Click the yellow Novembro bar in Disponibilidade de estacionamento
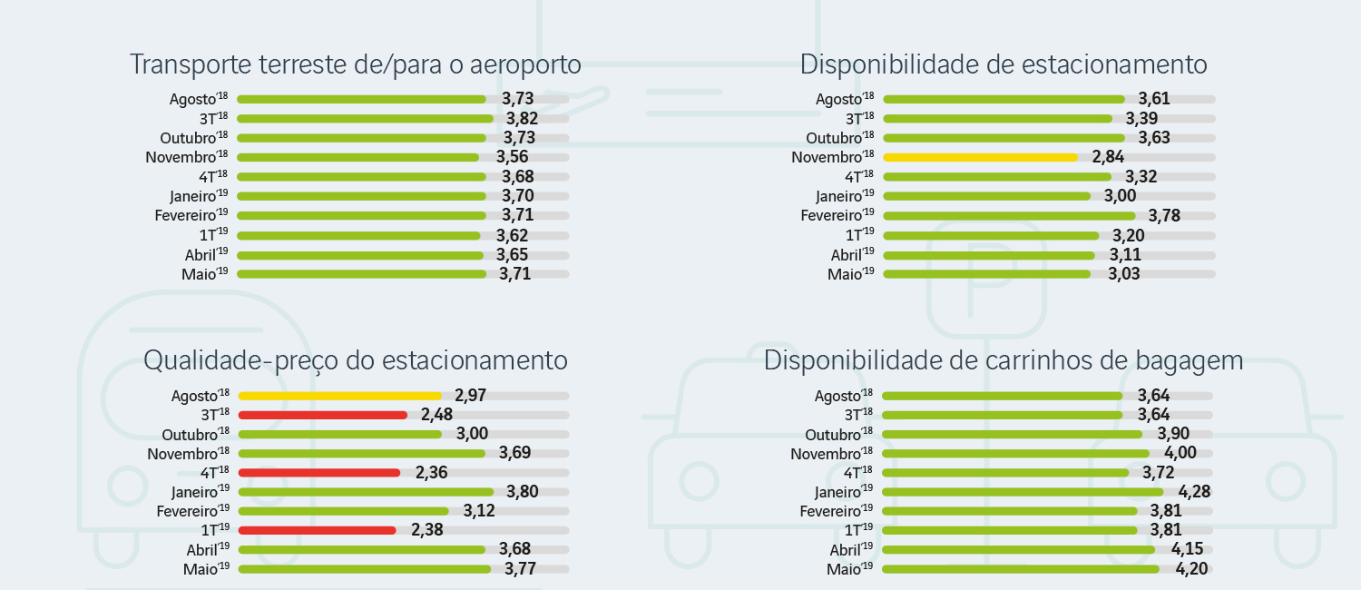[980, 157]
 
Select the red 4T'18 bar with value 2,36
[318, 472]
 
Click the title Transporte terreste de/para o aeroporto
[355, 65]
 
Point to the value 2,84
[1108, 157]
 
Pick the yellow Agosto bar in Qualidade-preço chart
[339, 396]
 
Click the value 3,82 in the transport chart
[522, 119]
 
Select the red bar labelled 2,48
[322, 415]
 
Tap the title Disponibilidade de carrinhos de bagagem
[1003, 360]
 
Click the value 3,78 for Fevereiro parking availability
[1164, 215]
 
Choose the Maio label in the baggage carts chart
[849, 570]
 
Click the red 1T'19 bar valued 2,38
[317, 530]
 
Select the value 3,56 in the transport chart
[512, 157]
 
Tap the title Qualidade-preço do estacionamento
[355, 360]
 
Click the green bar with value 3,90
[1012, 434]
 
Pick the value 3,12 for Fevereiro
[479, 511]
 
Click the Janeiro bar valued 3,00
[986, 196]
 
